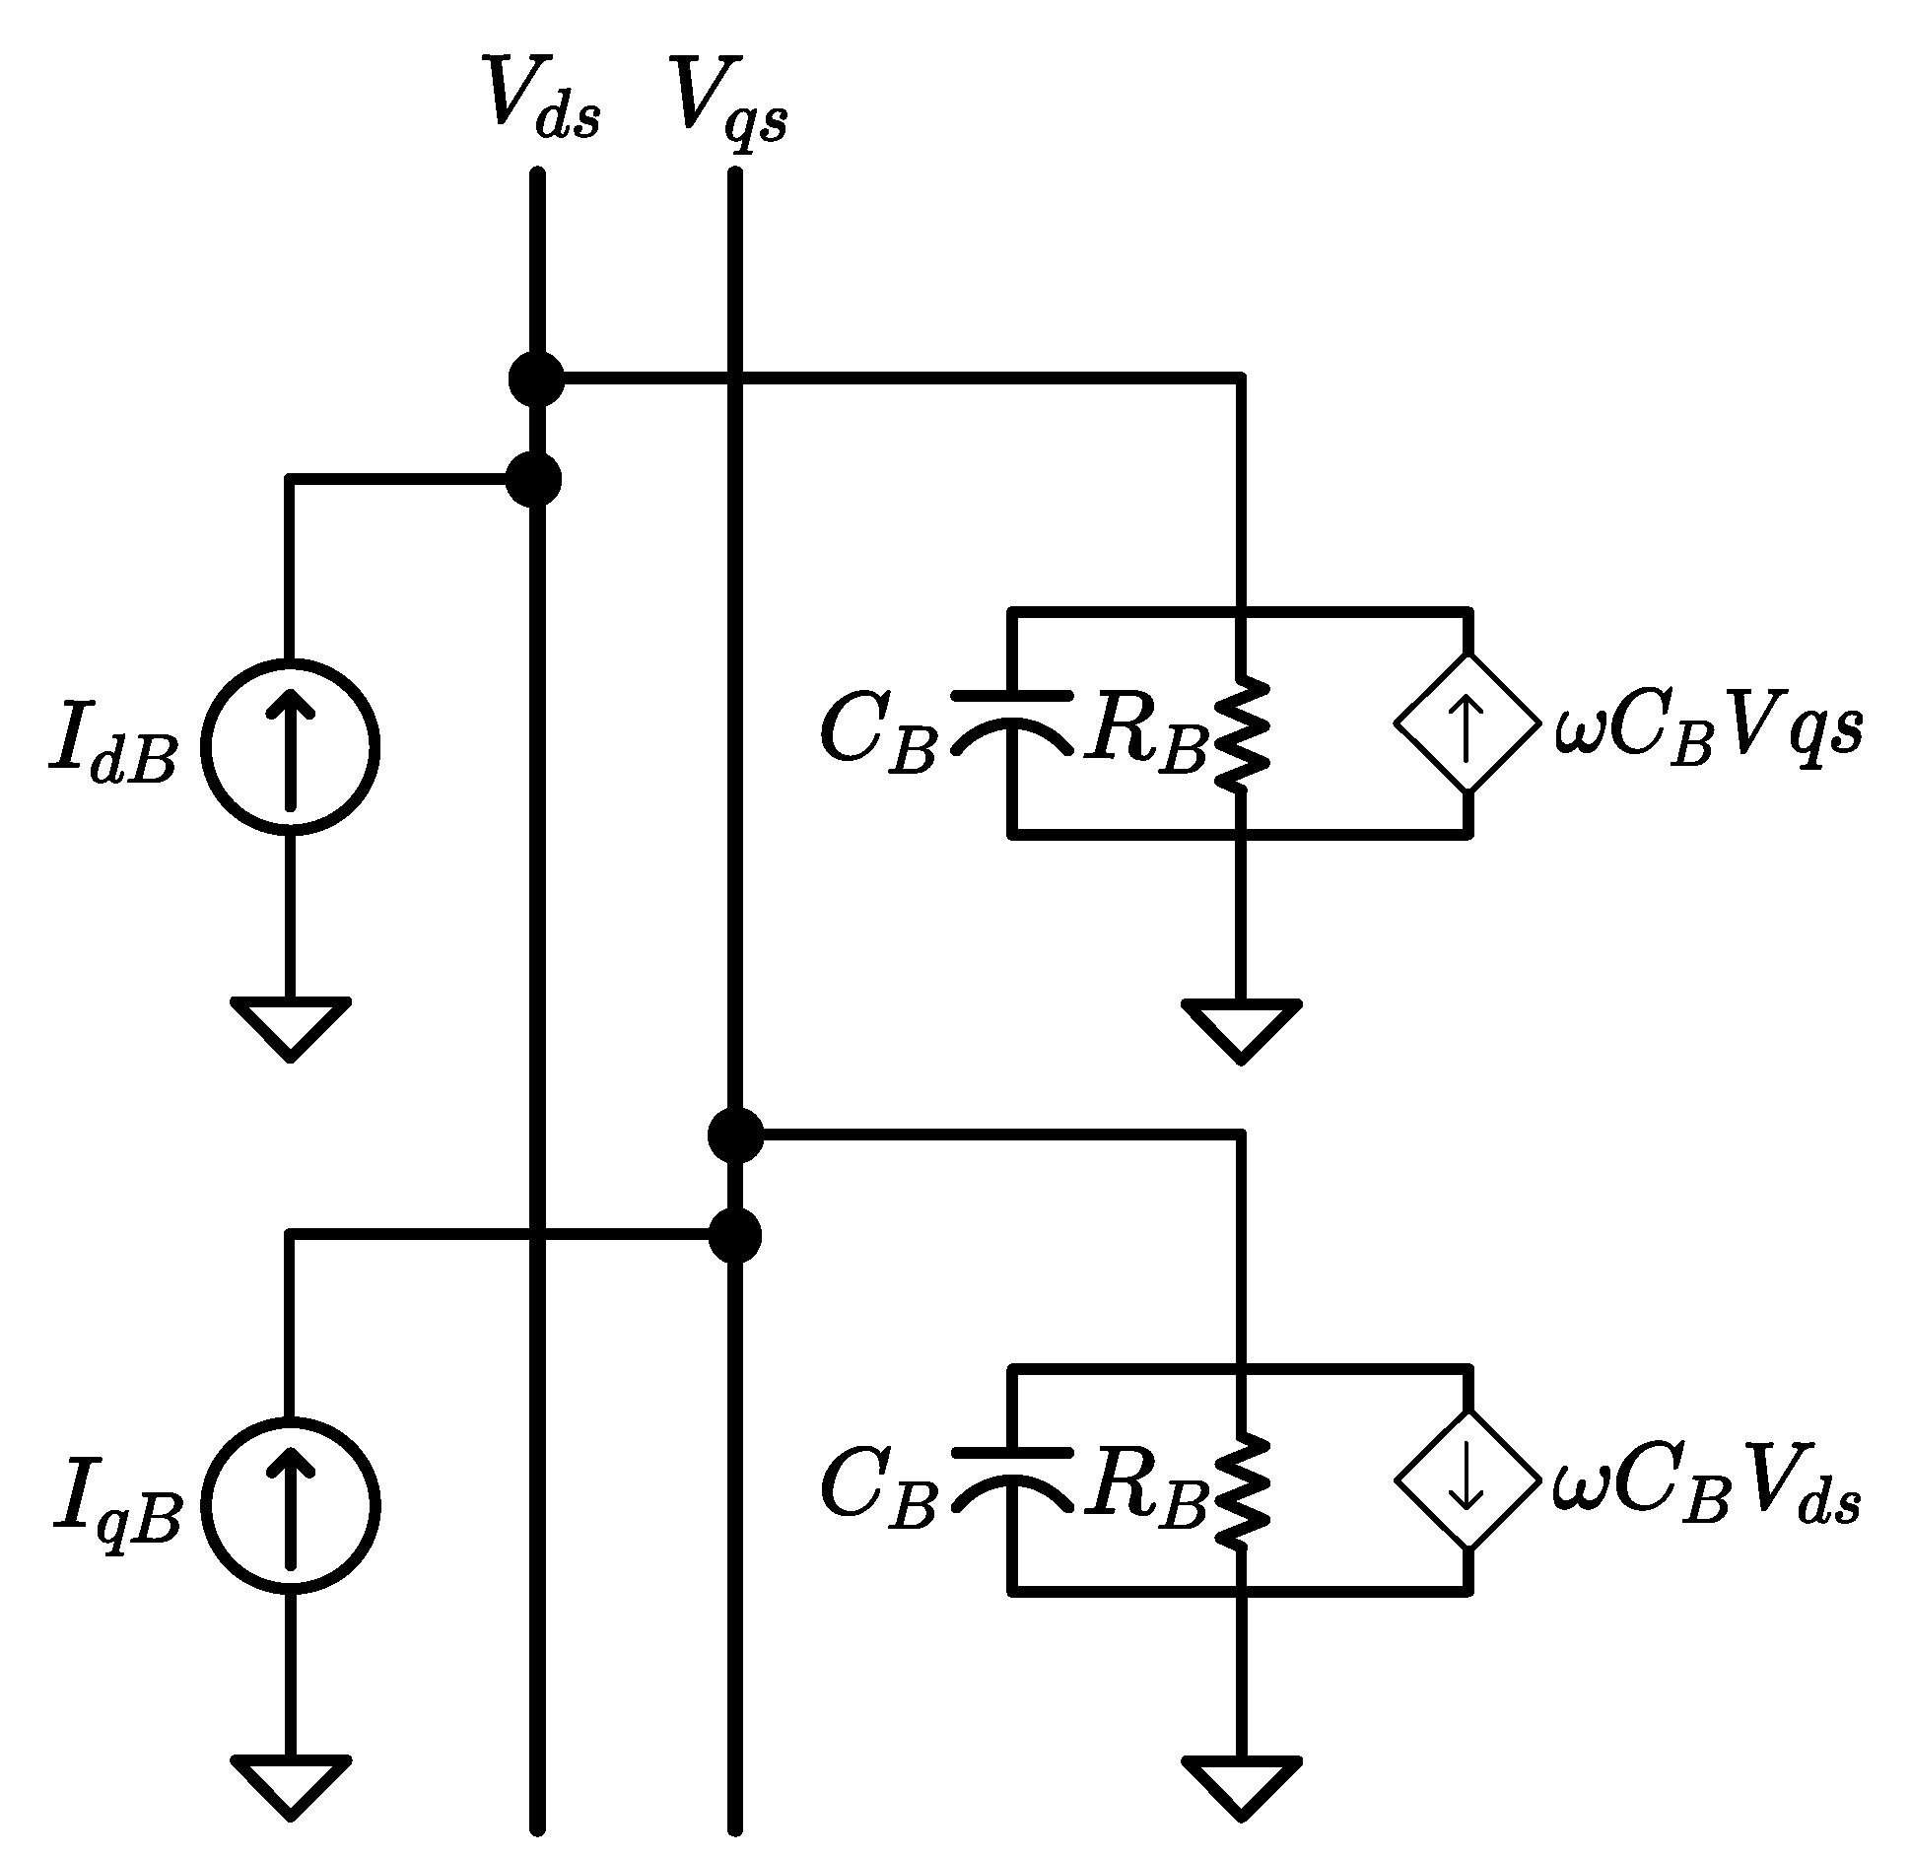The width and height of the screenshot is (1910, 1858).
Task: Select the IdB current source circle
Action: click(x=290, y=746)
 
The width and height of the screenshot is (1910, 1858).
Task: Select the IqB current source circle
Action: click(x=290, y=1505)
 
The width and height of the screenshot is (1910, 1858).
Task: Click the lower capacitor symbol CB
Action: click(x=1011, y=1480)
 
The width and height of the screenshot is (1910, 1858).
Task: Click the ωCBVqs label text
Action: click(x=1708, y=731)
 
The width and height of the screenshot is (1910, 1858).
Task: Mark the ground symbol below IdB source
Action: click(x=290, y=1025)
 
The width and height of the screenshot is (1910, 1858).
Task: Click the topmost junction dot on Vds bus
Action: click(x=537, y=378)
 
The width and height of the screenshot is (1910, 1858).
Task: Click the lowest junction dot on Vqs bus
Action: click(x=734, y=1235)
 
